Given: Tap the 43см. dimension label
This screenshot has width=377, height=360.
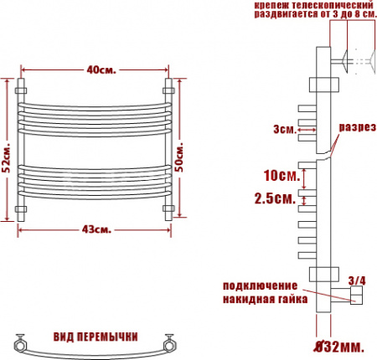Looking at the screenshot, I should (99, 229).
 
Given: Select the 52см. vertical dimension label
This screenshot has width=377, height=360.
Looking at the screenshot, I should (7, 155).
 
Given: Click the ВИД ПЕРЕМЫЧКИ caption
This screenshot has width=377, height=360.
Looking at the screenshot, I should (96, 337).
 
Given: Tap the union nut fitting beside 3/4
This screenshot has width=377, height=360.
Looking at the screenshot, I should (355, 295).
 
